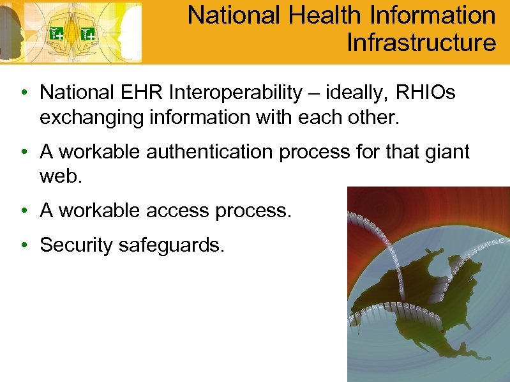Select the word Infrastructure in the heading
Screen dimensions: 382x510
pos(421,43)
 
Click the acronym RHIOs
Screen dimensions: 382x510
pos(426,93)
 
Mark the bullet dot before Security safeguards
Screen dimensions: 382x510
pos(24,245)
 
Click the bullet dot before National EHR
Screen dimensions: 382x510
pos(24,93)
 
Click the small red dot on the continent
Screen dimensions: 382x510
pos(442,332)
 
